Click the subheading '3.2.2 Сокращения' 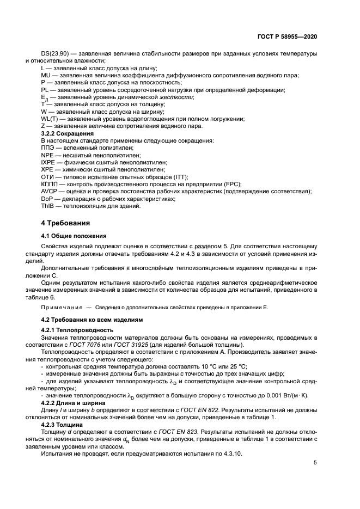(68, 133)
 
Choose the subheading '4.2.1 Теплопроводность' (77, 330)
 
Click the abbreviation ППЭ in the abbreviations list (48, 148)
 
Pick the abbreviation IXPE (49, 162)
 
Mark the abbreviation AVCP (50, 191)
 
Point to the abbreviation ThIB (48, 206)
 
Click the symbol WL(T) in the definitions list (50, 119)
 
